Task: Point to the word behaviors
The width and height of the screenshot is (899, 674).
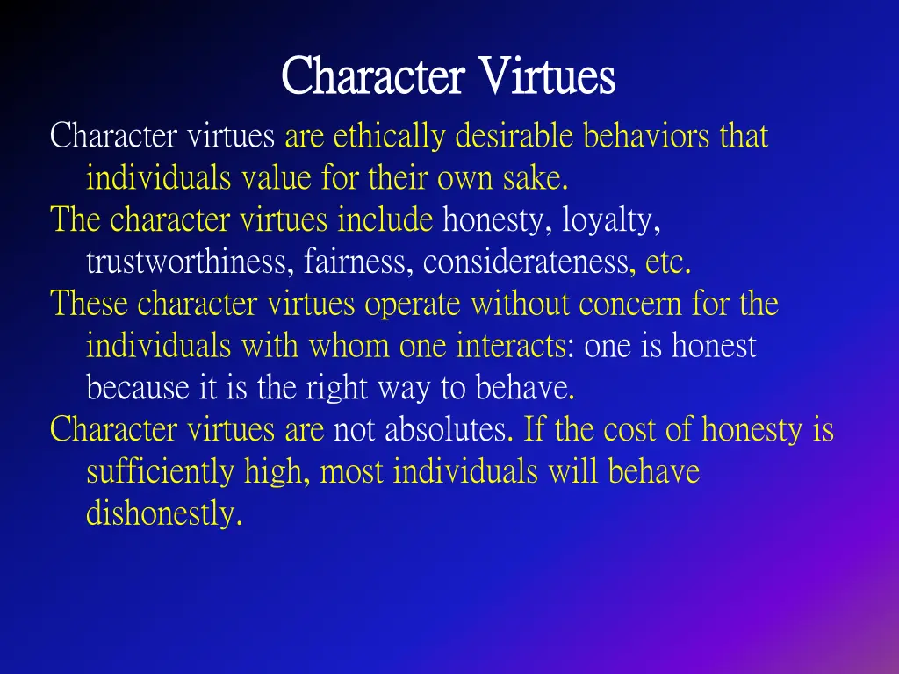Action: click(647, 137)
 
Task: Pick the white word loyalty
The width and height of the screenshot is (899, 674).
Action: click(612, 220)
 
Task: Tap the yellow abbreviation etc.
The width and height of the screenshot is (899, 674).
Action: click(667, 262)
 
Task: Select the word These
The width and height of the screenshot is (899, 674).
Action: click(90, 305)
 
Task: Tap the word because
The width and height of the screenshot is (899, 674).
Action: click(137, 388)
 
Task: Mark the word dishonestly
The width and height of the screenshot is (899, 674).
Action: click(163, 514)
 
